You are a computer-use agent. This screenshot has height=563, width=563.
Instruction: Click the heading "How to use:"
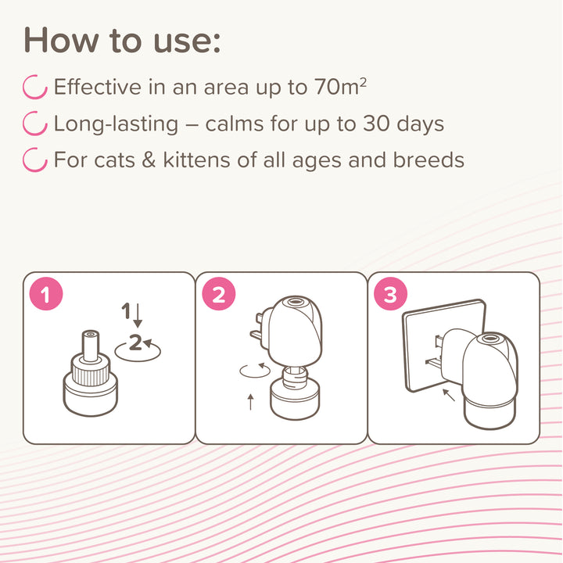click(x=121, y=39)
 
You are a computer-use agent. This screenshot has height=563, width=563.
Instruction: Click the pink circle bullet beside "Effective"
click(x=35, y=87)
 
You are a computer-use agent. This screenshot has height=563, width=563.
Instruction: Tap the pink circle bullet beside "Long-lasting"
click(x=35, y=124)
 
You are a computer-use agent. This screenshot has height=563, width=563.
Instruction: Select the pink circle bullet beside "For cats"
click(x=35, y=160)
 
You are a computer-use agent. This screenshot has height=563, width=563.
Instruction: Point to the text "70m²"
click(x=339, y=87)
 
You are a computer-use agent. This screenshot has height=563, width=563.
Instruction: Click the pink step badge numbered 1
click(x=45, y=295)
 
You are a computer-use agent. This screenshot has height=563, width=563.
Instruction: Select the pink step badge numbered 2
click(x=218, y=295)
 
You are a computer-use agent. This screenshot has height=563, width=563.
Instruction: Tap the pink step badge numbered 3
click(x=390, y=295)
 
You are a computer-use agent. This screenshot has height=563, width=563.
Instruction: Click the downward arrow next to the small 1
click(x=138, y=314)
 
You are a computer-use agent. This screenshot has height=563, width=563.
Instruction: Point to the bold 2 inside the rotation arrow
click(x=136, y=342)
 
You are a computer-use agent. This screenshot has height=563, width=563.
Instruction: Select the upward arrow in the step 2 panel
click(x=250, y=402)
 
